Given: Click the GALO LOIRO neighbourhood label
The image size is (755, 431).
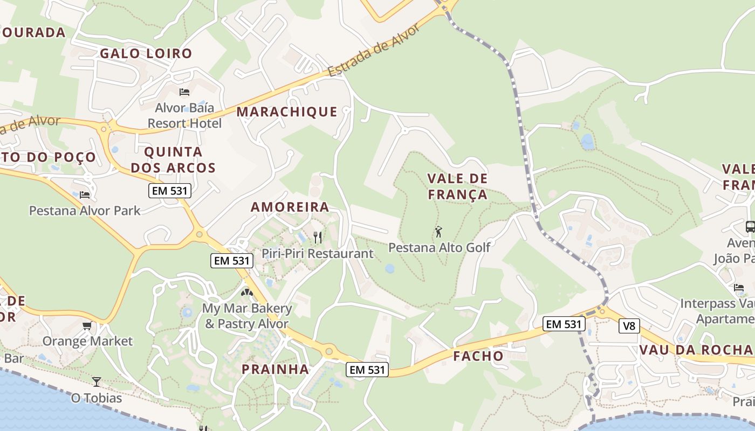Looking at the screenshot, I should coord(146,53).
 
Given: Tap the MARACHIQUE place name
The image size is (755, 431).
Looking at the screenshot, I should coord(287,112).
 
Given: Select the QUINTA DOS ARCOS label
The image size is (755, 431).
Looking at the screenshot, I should coord(173,159).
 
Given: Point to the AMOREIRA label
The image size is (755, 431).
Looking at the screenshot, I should coord(290,207).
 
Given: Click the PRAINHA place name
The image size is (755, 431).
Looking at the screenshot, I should coord(275,369).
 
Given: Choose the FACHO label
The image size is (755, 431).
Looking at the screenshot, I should coord(478,356).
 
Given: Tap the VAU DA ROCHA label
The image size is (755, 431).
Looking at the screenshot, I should coord(696,350).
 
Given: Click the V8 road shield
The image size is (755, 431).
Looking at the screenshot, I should coord(629,326).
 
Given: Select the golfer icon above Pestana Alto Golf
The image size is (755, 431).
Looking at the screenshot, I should coord(438,232).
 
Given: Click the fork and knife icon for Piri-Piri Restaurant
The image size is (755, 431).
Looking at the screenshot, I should coord(318,237).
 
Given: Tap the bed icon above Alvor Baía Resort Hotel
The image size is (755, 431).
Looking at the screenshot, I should coord(184,92).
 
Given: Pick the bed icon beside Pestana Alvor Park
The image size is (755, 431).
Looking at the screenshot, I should coord(85,194).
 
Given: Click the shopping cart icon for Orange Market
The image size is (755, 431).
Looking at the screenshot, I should coord(87,325).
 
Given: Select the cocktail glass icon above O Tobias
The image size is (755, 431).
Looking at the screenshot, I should coord(96,382).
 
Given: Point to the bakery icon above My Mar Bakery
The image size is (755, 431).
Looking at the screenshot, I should coord(247,293).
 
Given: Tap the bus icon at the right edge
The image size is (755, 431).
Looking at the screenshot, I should coord(750,226).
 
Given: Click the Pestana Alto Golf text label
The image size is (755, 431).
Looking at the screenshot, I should coord(440,247).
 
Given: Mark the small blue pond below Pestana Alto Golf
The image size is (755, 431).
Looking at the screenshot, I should coord(389,268).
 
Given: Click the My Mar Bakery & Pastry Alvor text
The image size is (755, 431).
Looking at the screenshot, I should coord(247,316).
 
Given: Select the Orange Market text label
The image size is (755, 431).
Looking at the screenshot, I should coord(87,341).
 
